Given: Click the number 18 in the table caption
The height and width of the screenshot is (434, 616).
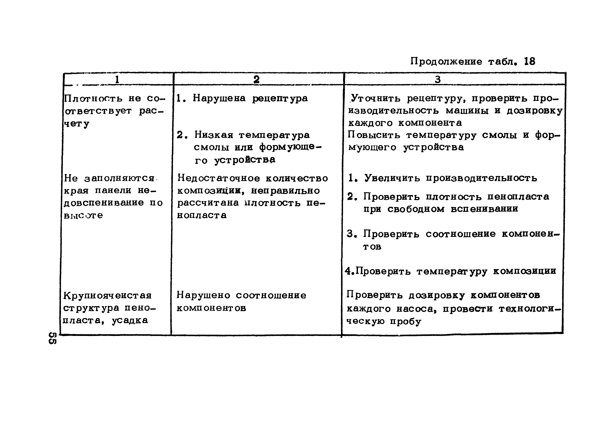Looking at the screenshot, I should coord(529,61).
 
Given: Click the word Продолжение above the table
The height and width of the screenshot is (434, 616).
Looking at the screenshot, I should coord(446,61).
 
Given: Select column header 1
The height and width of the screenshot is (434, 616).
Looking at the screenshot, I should coord(117,79).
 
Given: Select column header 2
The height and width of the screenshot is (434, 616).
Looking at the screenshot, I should coord(256,79).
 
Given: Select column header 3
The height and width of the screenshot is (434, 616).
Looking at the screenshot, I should coord(438,79).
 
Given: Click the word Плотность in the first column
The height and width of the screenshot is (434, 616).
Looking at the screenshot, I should coord(93,98).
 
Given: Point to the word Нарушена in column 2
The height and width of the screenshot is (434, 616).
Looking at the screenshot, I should coord(219,98).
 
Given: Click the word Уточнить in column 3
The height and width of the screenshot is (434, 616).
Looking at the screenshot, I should coord(376,98).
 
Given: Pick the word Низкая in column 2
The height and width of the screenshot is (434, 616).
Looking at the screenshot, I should coord(214,135).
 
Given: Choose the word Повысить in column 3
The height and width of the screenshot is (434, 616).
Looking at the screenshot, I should coord(374,135).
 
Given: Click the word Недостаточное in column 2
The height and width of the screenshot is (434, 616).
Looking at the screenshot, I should coord(219,178).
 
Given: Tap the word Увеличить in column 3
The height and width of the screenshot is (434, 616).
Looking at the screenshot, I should coord(392,178).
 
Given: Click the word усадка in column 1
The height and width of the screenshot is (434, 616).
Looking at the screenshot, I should coord(130,320).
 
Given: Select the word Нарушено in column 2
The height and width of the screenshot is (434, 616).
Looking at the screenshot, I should coord(203,295).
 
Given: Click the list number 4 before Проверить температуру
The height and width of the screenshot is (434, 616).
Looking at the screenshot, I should coord(348,271).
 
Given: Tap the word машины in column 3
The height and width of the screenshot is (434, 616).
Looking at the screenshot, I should coord(467,110).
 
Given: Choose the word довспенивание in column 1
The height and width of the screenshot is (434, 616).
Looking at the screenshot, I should coord(104,203).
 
